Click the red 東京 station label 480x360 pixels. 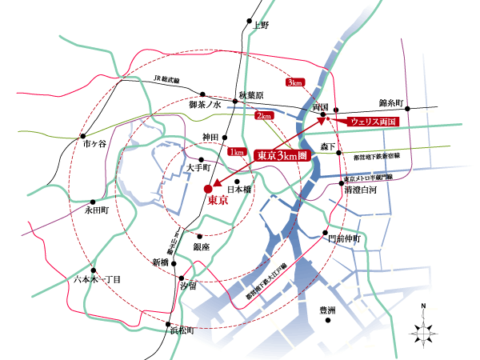[218, 201]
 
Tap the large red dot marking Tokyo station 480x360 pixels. [208, 190]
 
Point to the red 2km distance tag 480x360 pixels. [263, 117]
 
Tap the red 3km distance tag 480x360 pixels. [294, 82]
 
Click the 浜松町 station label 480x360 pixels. [181, 330]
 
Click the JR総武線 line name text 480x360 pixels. [170, 79]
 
